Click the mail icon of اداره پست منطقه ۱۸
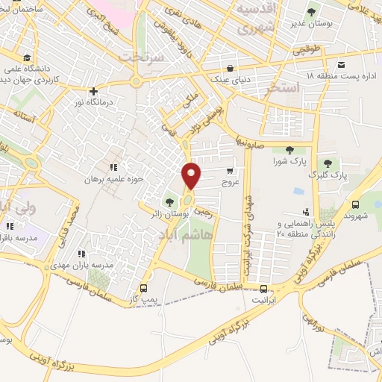(x=341, y=64)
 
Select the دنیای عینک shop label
(x=231, y=78)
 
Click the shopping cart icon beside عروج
(x=240, y=171)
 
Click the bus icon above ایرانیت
(x=263, y=289)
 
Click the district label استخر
(x=286, y=88)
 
